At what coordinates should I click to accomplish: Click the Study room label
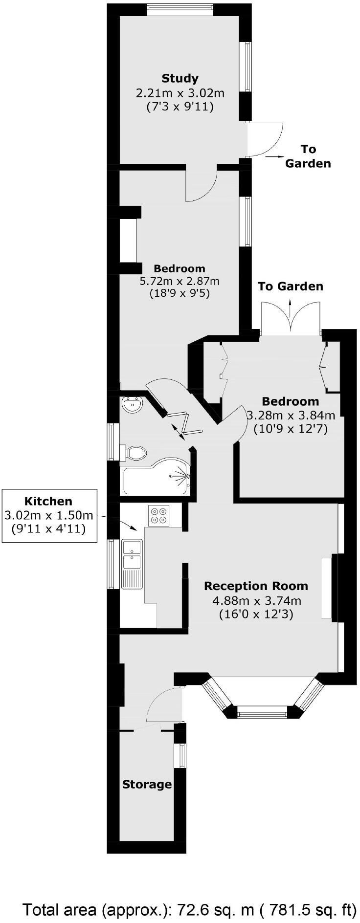[180, 78]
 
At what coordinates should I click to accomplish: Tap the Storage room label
[147, 785]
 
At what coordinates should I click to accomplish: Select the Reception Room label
[256, 586]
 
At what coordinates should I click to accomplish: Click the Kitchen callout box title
[48, 501]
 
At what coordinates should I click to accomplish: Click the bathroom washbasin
[132, 405]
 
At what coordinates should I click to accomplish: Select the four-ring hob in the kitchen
[158, 515]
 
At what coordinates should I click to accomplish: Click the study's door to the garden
[264, 139]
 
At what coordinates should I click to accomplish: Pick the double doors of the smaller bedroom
[291, 318]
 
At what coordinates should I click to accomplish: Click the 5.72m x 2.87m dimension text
[180, 281]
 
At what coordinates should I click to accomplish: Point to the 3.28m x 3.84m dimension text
[291, 416]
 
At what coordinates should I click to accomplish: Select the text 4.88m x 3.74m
[256, 601]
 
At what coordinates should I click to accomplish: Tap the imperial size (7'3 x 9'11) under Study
[180, 106]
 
